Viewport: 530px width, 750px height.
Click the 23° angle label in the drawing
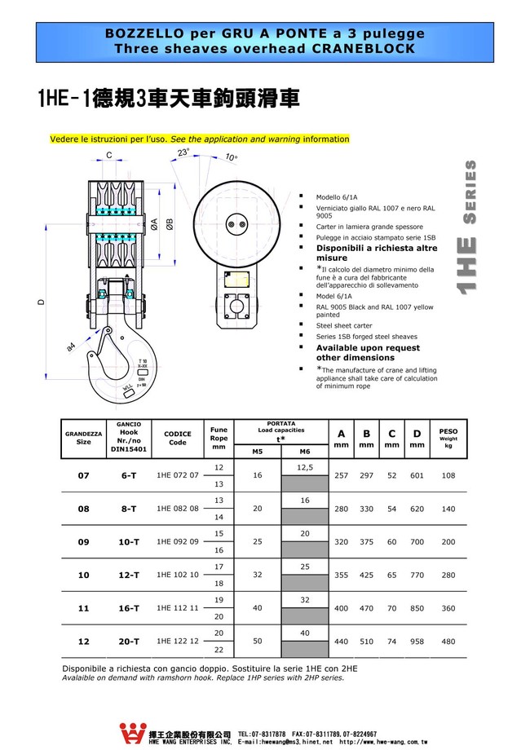(183, 152)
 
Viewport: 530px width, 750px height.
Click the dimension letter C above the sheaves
(108, 155)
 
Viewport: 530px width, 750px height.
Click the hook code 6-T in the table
(129, 475)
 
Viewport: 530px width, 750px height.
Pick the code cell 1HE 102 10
(177, 575)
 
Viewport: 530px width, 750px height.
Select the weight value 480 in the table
(448, 642)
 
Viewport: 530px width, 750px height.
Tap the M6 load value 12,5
(304, 467)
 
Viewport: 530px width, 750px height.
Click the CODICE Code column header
(177, 438)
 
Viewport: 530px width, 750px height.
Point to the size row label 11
(83, 608)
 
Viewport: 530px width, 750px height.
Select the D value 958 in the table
(417, 642)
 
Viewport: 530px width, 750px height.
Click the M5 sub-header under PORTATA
(257, 451)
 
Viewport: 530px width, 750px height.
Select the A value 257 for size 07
(341, 475)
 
